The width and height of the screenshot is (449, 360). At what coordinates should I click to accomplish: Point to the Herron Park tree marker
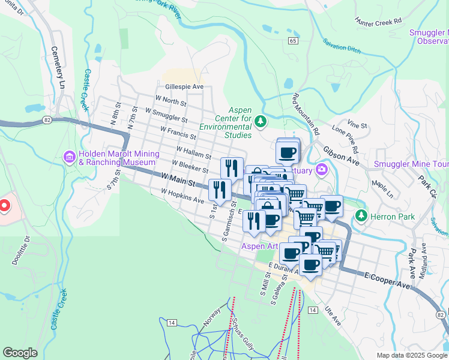tap(361, 215)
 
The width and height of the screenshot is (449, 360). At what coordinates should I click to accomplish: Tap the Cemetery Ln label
tap(57, 67)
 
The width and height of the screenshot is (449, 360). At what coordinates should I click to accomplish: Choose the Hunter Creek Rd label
tap(378, 21)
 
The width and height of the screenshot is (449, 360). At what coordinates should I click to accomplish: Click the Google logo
tap(20, 353)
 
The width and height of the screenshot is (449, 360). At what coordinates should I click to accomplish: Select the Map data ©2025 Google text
tap(412, 355)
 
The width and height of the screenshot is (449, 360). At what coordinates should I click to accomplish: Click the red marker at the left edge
tap(3, 207)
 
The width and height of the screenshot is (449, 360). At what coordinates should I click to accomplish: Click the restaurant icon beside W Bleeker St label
tap(231, 167)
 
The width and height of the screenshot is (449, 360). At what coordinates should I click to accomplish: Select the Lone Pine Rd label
tap(345, 139)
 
